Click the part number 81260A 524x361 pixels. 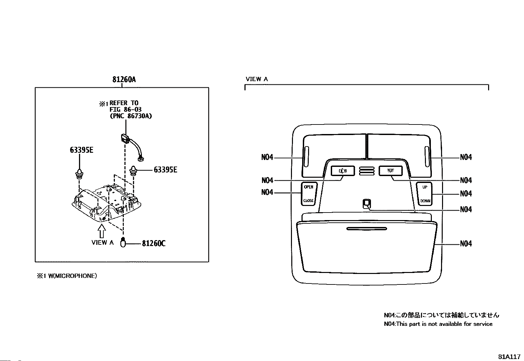pos(124,79)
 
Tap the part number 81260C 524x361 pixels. pos(154,243)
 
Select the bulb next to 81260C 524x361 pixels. pos(123,242)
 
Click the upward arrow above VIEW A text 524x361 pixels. pos(101,231)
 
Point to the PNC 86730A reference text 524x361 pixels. pos(131,116)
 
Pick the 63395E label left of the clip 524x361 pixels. pos(81,150)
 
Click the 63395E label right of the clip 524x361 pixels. pos(165,170)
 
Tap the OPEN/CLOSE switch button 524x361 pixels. pos(309,194)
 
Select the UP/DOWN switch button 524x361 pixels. pos(425,194)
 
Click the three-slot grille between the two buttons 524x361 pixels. pos(367,171)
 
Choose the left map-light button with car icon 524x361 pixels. pos(343,171)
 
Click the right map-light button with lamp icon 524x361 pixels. pos(391,171)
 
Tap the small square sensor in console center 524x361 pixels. pos(367,203)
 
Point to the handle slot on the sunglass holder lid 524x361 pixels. pos(367,229)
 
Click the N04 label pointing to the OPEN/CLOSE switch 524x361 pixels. pos(267,192)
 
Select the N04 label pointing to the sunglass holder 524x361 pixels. pos(466,244)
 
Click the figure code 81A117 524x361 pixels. pos(509,357)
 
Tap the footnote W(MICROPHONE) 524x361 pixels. pos(72,276)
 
